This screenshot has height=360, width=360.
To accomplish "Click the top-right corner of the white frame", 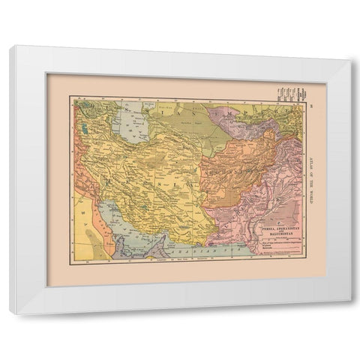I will [350, 61].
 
